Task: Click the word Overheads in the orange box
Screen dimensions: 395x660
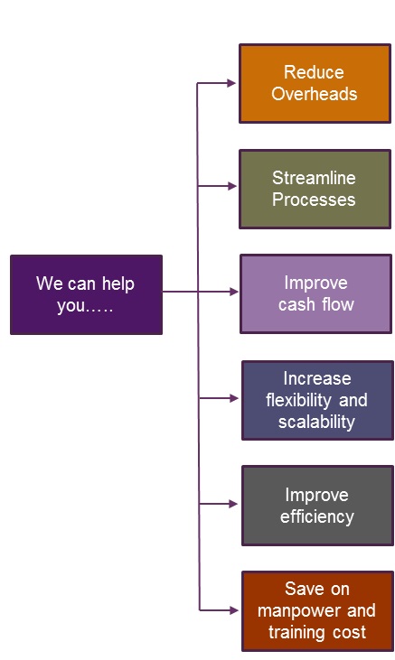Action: click(x=314, y=93)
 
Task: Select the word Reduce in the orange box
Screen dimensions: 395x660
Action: click(x=314, y=72)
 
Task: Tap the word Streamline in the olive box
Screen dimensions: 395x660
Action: click(x=314, y=178)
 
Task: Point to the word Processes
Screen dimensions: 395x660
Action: click(x=314, y=200)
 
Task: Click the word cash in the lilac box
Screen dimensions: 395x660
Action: click(x=296, y=304)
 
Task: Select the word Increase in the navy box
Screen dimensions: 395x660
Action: click(x=317, y=378)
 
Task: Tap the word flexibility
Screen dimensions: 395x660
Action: click(x=298, y=400)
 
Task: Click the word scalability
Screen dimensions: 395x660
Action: click(x=316, y=422)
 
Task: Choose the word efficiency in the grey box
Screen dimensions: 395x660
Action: click(x=317, y=516)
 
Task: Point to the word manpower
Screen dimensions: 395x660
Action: click(x=298, y=610)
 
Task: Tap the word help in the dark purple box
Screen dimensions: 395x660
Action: click(x=118, y=284)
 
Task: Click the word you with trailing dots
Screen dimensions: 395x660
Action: click(x=85, y=305)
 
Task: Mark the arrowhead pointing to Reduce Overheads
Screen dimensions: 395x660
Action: click(x=231, y=83)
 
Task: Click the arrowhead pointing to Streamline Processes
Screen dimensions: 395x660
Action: click(x=232, y=186)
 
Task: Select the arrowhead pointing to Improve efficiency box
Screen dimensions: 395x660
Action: click(x=233, y=504)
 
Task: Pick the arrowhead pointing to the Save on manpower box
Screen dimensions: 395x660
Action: click(x=233, y=610)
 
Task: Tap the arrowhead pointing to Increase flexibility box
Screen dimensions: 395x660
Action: click(x=233, y=398)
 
